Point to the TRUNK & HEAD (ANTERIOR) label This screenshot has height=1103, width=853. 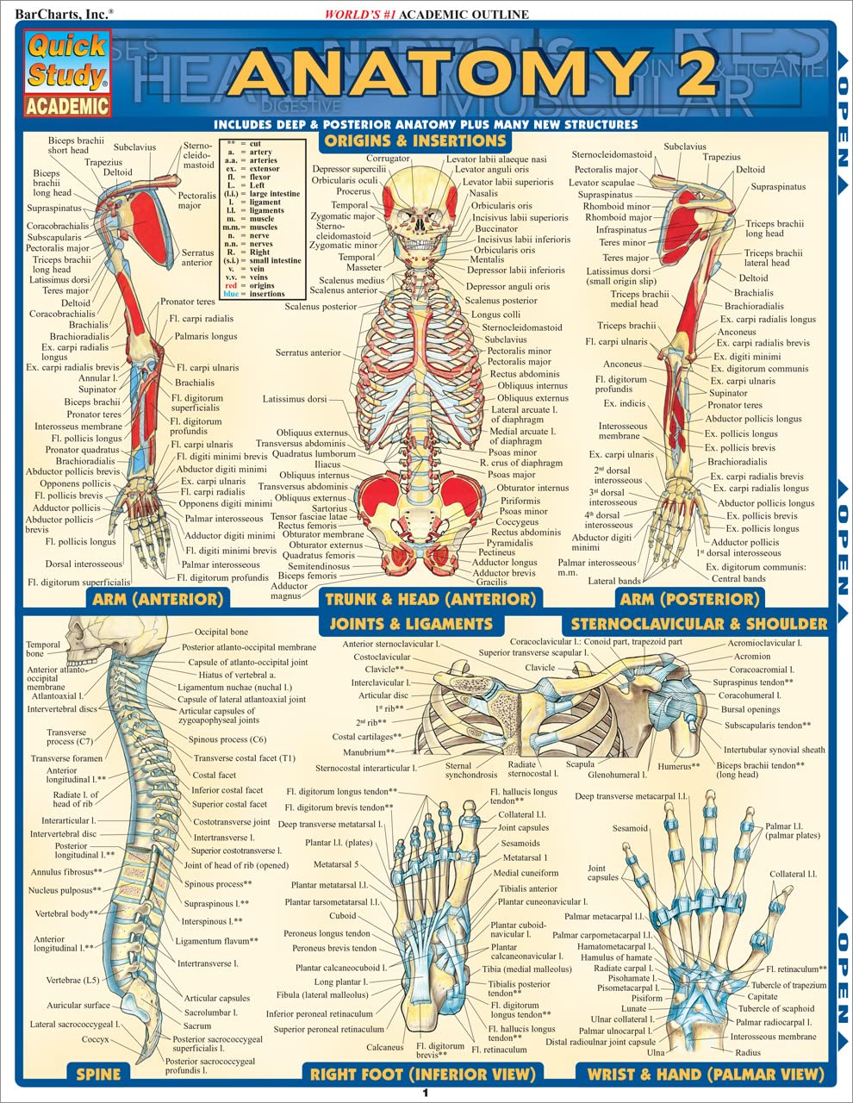[427, 599]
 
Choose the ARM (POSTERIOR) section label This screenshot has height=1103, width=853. [688, 599]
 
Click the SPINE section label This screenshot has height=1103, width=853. [98, 1074]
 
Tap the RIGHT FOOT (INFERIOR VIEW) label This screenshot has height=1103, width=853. [422, 1074]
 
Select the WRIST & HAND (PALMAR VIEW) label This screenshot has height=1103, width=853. [705, 1074]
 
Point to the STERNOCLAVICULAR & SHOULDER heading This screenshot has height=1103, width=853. [699, 623]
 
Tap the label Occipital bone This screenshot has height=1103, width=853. [221, 633]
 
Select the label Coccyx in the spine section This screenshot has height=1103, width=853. [95, 1040]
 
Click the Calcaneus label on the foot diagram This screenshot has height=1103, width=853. [384, 1048]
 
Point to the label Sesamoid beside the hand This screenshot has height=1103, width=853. [630, 828]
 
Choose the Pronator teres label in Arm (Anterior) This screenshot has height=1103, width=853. [187, 302]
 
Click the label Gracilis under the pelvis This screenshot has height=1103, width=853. [491, 582]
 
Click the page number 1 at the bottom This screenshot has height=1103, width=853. [425, 1094]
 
